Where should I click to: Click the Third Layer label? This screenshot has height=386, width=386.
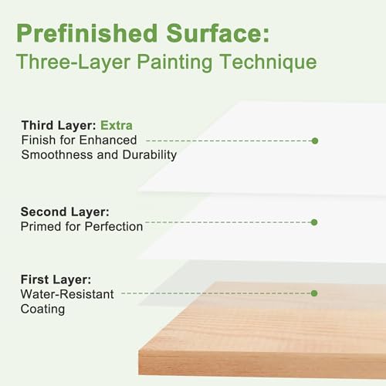(58, 125)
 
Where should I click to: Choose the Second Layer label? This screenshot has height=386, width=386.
(65, 212)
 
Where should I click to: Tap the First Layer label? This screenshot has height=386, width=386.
(56, 279)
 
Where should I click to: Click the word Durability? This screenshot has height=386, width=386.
(147, 154)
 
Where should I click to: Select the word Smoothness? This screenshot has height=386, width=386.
(54, 154)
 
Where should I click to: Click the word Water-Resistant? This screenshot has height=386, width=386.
(67, 293)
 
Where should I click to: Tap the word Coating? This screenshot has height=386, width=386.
(42, 309)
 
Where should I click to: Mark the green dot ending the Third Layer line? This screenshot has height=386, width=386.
(314, 141)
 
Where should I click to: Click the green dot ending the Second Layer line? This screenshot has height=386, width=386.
(313, 222)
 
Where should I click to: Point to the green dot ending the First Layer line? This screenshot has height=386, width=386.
(314, 293)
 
